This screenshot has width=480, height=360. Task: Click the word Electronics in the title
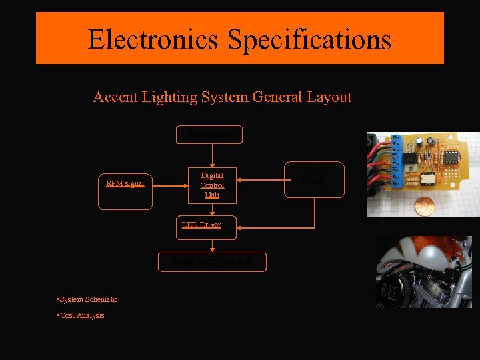point(153,39)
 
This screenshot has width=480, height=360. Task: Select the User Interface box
point(210,135)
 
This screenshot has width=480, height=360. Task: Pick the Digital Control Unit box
point(212,185)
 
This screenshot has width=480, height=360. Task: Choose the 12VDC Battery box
point(314,179)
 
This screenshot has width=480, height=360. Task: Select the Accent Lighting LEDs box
point(212,262)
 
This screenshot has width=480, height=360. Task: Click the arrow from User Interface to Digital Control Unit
point(212,155)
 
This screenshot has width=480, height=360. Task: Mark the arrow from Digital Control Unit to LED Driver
point(212,210)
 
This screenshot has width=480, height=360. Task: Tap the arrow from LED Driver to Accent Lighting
point(212,244)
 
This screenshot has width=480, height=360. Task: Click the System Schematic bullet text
point(89,300)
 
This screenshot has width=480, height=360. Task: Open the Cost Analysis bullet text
point(83,315)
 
